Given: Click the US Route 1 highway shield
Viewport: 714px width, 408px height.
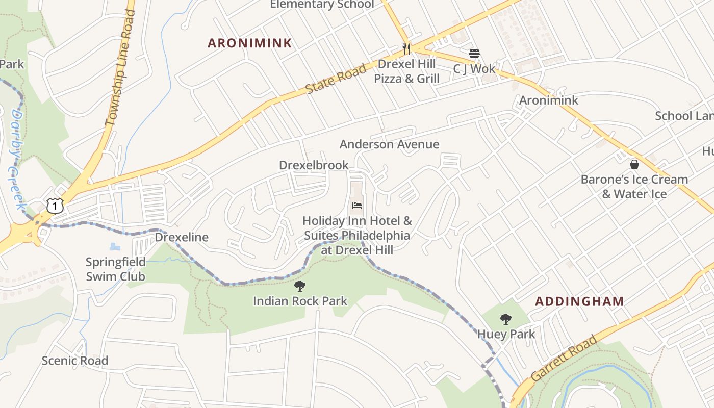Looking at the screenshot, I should click(x=55, y=206).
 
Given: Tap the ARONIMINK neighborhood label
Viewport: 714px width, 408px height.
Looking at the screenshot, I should click(x=249, y=43).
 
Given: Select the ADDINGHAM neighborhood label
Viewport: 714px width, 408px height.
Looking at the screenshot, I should click(x=579, y=301).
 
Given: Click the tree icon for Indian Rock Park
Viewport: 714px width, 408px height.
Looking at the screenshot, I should click(x=300, y=286).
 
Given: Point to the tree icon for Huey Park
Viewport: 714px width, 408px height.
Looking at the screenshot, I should click(x=505, y=319).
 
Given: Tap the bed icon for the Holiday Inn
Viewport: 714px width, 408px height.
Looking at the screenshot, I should click(x=357, y=206).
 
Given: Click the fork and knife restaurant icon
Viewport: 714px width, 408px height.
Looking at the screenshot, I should click(x=406, y=49).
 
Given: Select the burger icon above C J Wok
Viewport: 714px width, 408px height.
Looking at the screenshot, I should click(x=474, y=54).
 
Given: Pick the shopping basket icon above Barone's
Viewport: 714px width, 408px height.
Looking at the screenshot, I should click(x=634, y=164).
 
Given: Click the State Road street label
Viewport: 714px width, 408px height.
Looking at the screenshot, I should click(x=336, y=79).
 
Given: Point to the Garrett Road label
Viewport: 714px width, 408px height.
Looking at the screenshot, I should click(x=564, y=358).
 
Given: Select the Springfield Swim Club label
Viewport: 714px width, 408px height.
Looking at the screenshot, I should click(x=115, y=269).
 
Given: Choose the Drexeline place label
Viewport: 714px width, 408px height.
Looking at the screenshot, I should click(x=182, y=237).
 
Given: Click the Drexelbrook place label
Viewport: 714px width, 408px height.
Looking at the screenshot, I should click(x=314, y=165).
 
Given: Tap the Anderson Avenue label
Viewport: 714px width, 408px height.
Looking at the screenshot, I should click(x=389, y=144).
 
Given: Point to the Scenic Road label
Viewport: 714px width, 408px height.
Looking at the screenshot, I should click(x=74, y=361).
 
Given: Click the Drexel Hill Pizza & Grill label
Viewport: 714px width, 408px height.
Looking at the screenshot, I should click(x=406, y=71).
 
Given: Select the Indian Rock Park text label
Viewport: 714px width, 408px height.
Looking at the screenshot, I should click(x=300, y=301).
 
